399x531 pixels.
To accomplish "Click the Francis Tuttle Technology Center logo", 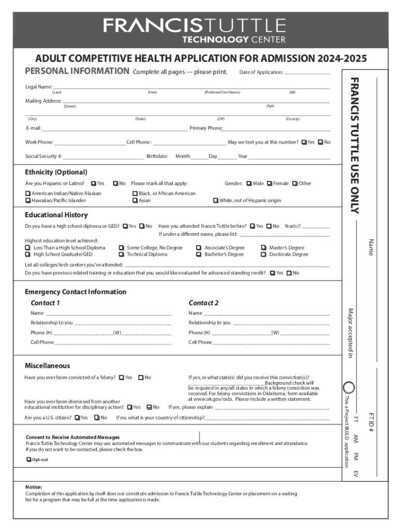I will point(194,30).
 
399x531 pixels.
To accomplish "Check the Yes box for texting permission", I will point(304,142).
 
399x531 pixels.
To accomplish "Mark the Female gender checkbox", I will point(269,184).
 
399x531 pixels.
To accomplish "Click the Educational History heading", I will point(56,215).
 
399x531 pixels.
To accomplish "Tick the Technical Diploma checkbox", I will point(121,255).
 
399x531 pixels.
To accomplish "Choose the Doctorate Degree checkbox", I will point(264,255).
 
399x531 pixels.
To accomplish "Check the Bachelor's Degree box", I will point(198,255).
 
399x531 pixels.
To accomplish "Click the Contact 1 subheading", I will point(45,303).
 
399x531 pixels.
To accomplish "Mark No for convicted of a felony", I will point(140,378).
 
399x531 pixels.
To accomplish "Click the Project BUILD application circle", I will point(350,387).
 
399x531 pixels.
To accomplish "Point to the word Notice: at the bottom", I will point(34,487).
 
